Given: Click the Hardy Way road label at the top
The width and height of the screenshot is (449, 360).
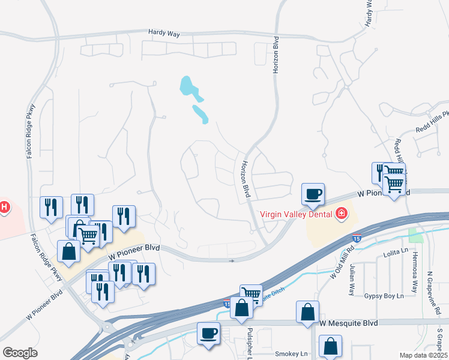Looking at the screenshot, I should (x=164, y=34).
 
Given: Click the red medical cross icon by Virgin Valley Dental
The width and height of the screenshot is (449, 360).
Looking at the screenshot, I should (x=342, y=213).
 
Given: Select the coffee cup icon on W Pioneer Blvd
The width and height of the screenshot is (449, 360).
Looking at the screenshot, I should (x=313, y=194).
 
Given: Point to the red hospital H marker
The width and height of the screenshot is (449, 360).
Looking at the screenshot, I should (x=4, y=208).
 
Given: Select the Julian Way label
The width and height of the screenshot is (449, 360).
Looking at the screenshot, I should (x=352, y=279).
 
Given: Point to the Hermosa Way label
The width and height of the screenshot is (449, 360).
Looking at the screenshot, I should (x=414, y=280).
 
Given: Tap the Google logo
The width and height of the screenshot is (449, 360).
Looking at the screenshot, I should (x=20, y=353).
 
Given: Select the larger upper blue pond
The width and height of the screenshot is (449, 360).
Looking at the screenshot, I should (x=190, y=88).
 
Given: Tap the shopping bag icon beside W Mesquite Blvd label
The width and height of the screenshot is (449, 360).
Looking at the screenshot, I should (x=307, y=313).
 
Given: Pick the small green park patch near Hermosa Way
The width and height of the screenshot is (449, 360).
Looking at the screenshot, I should (x=415, y=235).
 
